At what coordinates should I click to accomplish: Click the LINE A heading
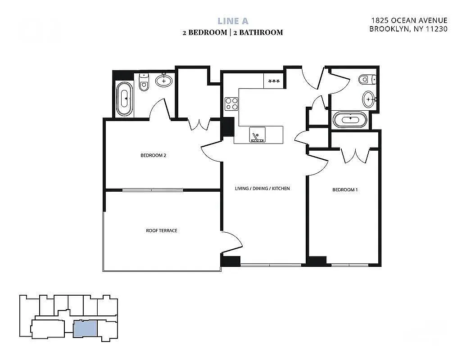point(233,21)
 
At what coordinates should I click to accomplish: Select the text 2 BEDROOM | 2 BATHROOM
point(233,32)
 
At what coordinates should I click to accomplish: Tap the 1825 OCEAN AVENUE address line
point(409,20)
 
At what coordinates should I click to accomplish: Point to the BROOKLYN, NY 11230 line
point(408,29)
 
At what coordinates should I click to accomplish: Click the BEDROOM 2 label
point(154,156)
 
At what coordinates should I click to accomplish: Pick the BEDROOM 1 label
point(345,190)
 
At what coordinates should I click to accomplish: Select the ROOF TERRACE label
point(162,230)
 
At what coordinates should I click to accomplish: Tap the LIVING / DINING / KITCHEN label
point(262,189)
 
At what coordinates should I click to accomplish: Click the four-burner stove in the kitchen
point(231,104)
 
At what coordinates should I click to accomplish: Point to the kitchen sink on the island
point(258,135)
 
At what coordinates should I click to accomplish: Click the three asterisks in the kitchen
point(273,81)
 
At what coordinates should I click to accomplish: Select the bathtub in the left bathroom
point(125,99)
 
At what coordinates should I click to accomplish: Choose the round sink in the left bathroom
point(164,81)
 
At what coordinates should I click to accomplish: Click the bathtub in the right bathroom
point(350,120)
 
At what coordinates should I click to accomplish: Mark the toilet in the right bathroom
point(366,80)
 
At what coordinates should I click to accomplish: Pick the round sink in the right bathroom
point(368,99)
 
